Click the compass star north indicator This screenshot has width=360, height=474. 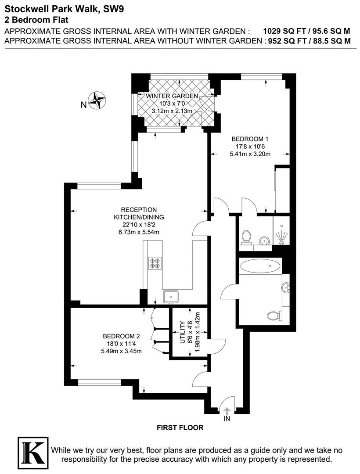pos(97,100)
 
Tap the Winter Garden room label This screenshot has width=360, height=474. pos(172,96)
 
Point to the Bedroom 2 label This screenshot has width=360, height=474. pos(121,336)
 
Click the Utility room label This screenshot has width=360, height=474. pos(182,332)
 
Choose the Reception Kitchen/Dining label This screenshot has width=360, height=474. pos(139,213)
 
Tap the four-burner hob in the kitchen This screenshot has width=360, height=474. pos(155,263)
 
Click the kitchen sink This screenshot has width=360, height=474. pos(171,297)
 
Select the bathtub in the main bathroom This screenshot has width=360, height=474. pos(260,266)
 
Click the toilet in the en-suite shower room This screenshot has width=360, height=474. pos(247,237)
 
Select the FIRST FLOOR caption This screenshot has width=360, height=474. pos(180,427)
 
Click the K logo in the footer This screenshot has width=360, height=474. pos(33,452)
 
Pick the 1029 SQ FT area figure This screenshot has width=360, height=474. pos(281,31)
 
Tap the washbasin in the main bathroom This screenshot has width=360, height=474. pos(286,287)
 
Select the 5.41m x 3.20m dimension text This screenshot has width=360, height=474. pos(250,154)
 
